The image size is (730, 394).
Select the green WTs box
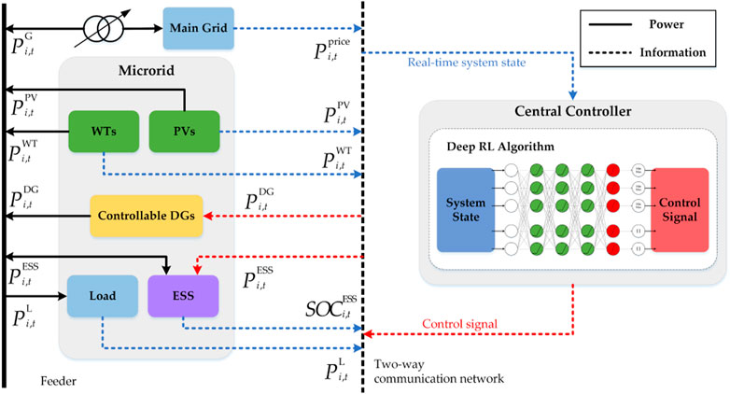tap(104, 131)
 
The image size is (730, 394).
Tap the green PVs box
tap(183, 131)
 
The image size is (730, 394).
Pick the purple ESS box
tap(183, 296)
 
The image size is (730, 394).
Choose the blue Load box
tap(103, 296)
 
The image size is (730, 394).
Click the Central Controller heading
tap(573, 111)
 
